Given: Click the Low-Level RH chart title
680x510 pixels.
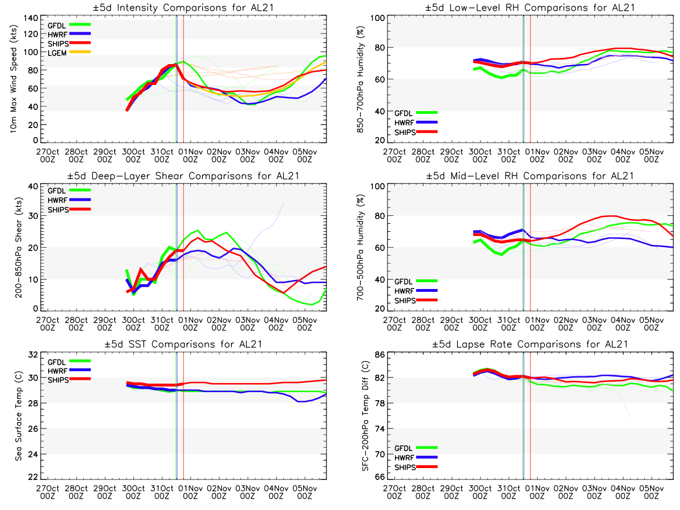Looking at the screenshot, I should click(530, 7).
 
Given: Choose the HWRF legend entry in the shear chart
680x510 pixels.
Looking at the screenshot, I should click(59, 200).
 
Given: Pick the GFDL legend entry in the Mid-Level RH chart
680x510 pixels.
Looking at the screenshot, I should click(405, 281).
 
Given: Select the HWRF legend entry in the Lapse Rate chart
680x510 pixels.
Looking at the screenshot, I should click(405, 458).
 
